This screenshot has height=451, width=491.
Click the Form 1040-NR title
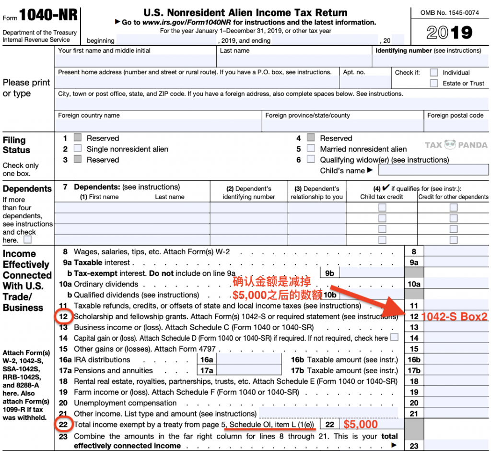(48, 15)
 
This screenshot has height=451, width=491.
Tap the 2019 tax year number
(449, 33)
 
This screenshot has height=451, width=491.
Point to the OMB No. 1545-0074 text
(449, 13)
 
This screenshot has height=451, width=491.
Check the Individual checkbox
(433, 72)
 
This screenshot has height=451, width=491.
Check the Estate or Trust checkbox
(433, 83)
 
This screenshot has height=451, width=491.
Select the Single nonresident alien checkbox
(78, 149)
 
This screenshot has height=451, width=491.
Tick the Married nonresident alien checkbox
(311, 149)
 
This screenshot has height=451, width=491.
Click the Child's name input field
(433, 170)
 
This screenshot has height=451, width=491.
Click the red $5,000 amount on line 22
(360, 425)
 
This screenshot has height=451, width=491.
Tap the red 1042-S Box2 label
(454, 317)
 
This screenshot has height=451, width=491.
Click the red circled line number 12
(64, 317)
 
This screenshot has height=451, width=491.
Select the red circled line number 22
(64, 425)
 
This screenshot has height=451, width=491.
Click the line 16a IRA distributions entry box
(248, 360)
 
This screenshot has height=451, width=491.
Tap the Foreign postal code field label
(455, 116)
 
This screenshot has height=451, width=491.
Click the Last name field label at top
(234, 50)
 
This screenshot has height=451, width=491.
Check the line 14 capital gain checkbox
(394, 337)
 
